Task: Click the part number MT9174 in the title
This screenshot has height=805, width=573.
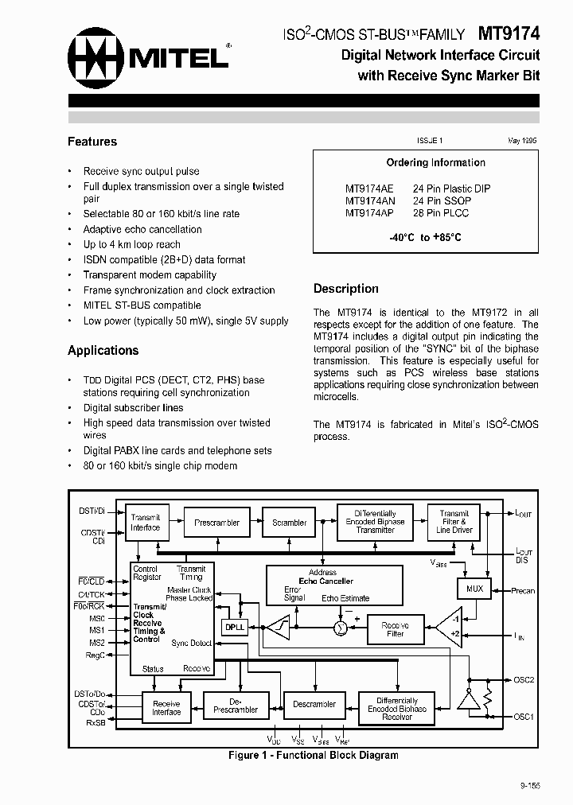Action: tap(509, 33)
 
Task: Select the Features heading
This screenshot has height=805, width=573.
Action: tap(92, 142)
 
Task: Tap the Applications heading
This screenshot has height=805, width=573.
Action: tap(103, 350)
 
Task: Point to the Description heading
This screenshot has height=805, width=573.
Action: tap(346, 289)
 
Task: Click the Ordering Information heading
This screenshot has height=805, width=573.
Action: tap(435, 163)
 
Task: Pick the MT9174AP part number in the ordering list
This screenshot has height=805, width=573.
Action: tap(369, 213)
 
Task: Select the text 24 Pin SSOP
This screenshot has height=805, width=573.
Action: tap(441, 201)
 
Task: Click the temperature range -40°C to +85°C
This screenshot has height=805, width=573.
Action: tap(426, 238)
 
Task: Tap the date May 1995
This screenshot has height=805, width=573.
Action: tap(522, 141)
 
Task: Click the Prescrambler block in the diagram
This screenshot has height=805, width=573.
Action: tap(217, 523)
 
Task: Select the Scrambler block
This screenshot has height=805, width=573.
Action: tap(289, 523)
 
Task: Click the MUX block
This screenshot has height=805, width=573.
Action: tap(474, 589)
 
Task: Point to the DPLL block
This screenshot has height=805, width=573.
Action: tap(235, 627)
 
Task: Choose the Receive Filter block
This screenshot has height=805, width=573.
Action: tap(396, 629)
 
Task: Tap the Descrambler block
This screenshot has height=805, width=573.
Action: tap(314, 704)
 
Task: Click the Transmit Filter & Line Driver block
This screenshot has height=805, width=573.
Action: tap(454, 522)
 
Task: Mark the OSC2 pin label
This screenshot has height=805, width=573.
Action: tap(524, 680)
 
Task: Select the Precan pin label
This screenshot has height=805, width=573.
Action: tap(523, 590)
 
